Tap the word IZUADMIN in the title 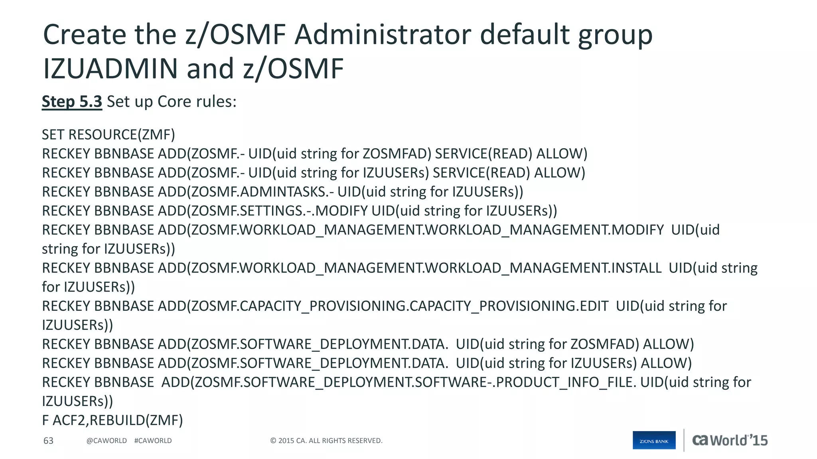click(110, 69)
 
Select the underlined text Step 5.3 click(72, 102)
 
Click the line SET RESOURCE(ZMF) click(109, 135)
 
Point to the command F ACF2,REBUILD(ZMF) click(112, 420)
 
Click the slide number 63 click(48, 441)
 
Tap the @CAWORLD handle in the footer click(107, 441)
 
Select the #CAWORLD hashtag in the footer click(153, 441)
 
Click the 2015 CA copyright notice click(326, 441)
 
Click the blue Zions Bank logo click(654, 440)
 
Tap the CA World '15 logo click(730, 440)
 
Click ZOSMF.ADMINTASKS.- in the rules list click(262, 192)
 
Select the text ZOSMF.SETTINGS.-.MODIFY click(279, 211)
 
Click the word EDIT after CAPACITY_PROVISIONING click(594, 306)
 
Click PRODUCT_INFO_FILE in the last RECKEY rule click(564, 382)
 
